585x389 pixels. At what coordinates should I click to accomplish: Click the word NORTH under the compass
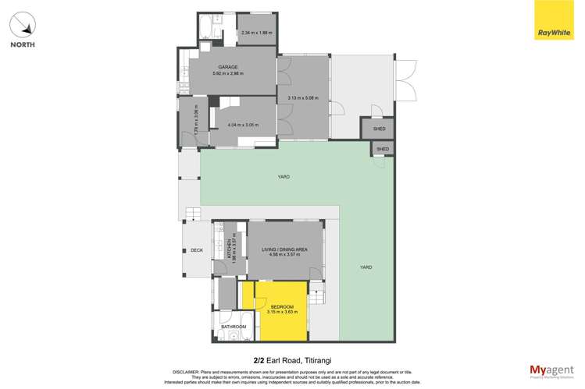pyautogui.click(x=22, y=45)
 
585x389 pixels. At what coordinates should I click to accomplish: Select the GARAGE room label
pyautogui.click(x=228, y=67)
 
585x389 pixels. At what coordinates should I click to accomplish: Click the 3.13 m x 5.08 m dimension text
pyautogui.click(x=304, y=97)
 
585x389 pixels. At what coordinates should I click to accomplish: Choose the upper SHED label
pyautogui.click(x=379, y=129)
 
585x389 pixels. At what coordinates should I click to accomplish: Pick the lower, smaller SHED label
pyautogui.click(x=383, y=149)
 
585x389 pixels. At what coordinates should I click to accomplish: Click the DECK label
pyautogui.click(x=197, y=250)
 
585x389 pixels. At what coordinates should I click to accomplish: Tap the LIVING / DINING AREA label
pyautogui.click(x=284, y=249)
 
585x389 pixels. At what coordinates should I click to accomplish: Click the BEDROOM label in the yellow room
pyautogui.click(x=282, y=306)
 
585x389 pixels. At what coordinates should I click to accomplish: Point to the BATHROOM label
pyautogui.click(x=234, y=326)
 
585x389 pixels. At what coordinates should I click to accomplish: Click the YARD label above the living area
pyautogui.click(x=284, y=177)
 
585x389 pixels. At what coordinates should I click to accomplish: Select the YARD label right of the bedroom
pyautogui.click(x=366, y=267)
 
